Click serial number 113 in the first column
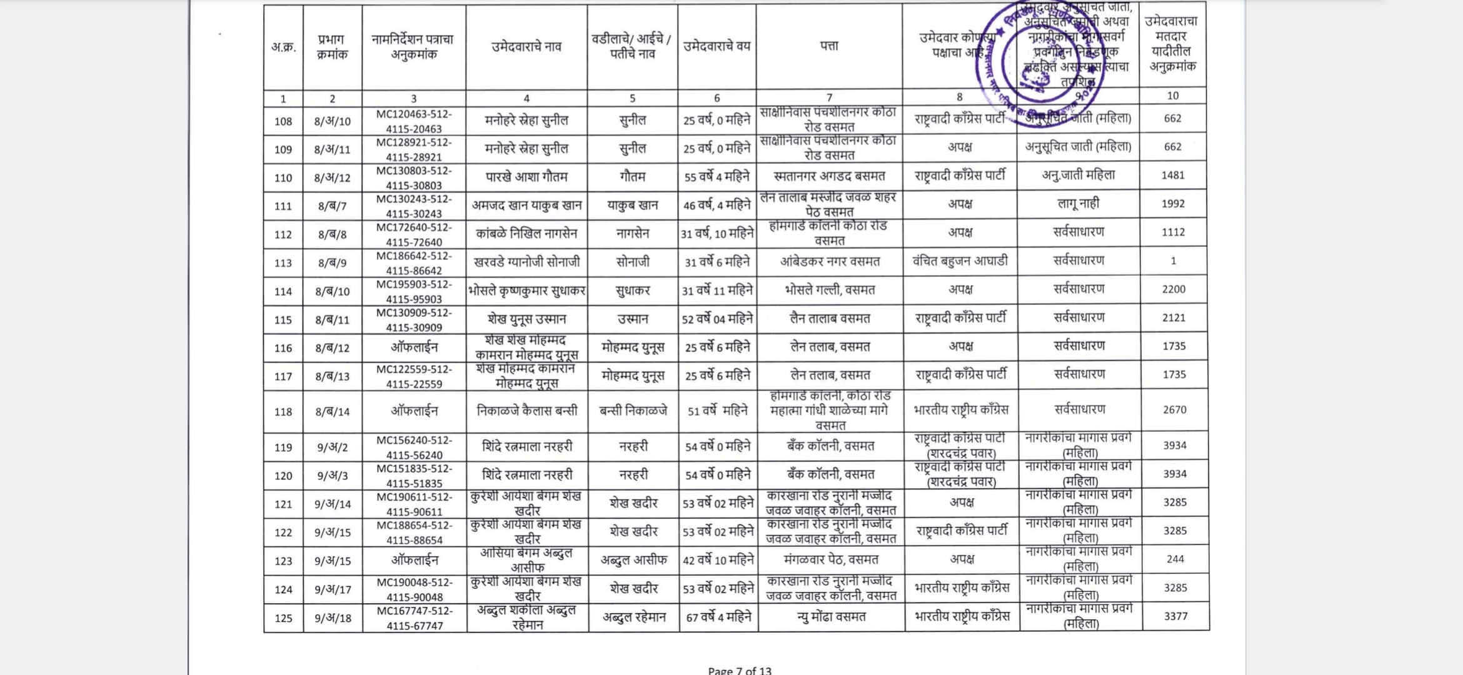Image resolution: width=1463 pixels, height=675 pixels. pos(283,263)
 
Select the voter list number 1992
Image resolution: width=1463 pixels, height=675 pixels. pos(1173,204)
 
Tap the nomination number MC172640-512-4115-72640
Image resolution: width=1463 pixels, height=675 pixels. pos(414,234)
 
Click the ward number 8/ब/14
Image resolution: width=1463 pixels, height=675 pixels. pos(333,412)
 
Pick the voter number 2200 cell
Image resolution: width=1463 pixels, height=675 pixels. pos(1174,289)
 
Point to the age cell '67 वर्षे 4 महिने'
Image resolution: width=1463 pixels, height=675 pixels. pos(718,617)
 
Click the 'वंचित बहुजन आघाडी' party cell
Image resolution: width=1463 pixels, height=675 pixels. pos(960,261)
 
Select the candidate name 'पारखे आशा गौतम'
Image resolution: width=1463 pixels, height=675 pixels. pos(526,177)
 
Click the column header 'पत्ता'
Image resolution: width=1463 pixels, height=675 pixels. pos(829,46)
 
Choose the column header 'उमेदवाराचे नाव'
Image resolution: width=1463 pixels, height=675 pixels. pos(526,46)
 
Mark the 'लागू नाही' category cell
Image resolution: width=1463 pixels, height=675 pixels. pos(1078,204)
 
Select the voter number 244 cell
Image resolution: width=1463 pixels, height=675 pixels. pos(1175,559)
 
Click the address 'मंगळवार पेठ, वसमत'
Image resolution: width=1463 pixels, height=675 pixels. pos(831,560)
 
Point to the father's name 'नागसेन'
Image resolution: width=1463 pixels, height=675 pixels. pos(633,234)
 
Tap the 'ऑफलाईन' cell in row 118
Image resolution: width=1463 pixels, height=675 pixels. pos(414,411)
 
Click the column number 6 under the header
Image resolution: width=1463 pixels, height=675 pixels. pos(716,98)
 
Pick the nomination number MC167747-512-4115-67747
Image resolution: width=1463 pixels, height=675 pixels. pos(415,618)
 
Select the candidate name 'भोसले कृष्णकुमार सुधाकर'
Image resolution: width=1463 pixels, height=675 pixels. pos(526,291)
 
